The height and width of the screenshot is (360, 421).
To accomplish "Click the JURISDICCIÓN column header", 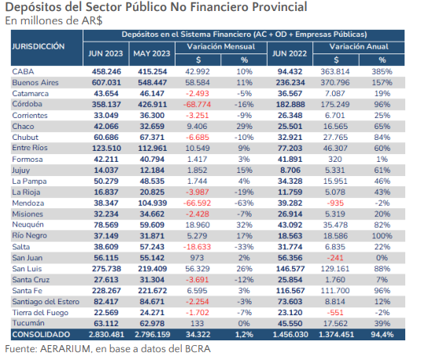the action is click(39, 46).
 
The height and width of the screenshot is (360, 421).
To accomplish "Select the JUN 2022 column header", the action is click(290, 53).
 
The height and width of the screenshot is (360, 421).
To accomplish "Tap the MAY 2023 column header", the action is click(152, 53).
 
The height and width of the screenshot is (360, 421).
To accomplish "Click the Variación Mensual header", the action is click(221, 46).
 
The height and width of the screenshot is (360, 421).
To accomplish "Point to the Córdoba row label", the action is click(27, 104).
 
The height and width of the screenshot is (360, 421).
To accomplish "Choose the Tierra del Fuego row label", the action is click(40, 313).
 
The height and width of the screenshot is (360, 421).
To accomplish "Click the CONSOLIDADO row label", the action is click(41, 335).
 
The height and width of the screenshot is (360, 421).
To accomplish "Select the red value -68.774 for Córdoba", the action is click(197, 105).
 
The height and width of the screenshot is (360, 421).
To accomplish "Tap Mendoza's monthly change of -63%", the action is click(244, 203).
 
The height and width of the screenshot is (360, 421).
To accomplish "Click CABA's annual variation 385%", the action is click(382, 72).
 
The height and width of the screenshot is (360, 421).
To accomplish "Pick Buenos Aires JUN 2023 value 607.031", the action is click(106, 83).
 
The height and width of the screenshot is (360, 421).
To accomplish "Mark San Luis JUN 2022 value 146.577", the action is click(290, 269).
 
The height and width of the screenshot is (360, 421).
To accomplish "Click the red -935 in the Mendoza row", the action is click(335, 203).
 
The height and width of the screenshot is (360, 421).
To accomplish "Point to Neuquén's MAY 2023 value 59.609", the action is click(152, 225).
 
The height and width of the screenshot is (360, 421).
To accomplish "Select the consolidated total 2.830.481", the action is click(106, 335).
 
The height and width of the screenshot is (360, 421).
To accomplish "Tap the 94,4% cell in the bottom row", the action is click(382, 335).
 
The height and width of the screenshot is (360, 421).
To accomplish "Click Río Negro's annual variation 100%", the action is click(382, 236).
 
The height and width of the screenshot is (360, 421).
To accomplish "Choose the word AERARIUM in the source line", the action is click(66, 349).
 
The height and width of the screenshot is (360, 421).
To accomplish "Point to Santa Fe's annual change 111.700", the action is click(335, 291).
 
